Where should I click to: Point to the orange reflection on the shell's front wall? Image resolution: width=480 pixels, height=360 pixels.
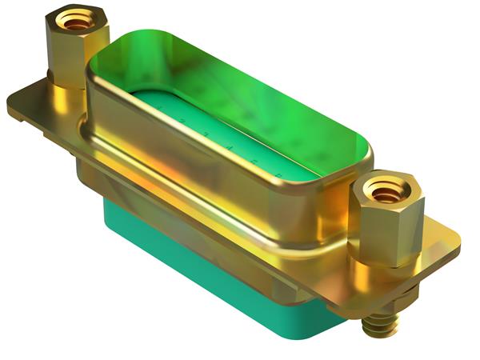pyautogui.click(x=172, y=164)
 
